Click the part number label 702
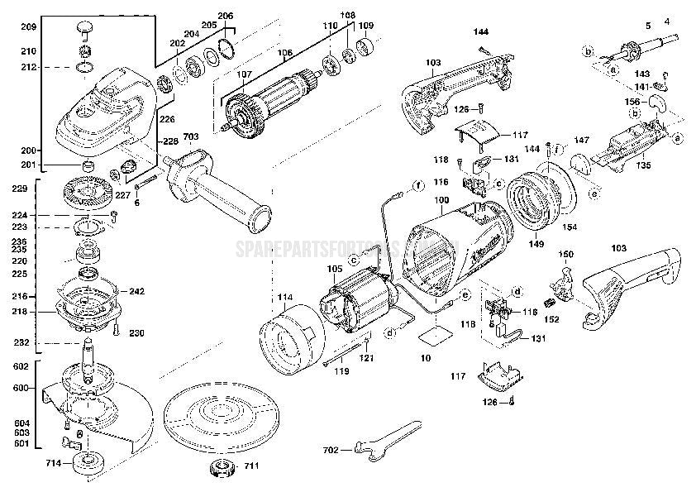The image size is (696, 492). coord(331,451)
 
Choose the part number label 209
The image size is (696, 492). coord(28,28)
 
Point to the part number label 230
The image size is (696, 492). coord(136,333)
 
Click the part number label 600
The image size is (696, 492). coord(21,389)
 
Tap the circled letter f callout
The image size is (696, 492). coord(418,184)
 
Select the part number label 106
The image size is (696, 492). coord(285,54)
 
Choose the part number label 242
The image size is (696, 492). coord(136,292)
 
